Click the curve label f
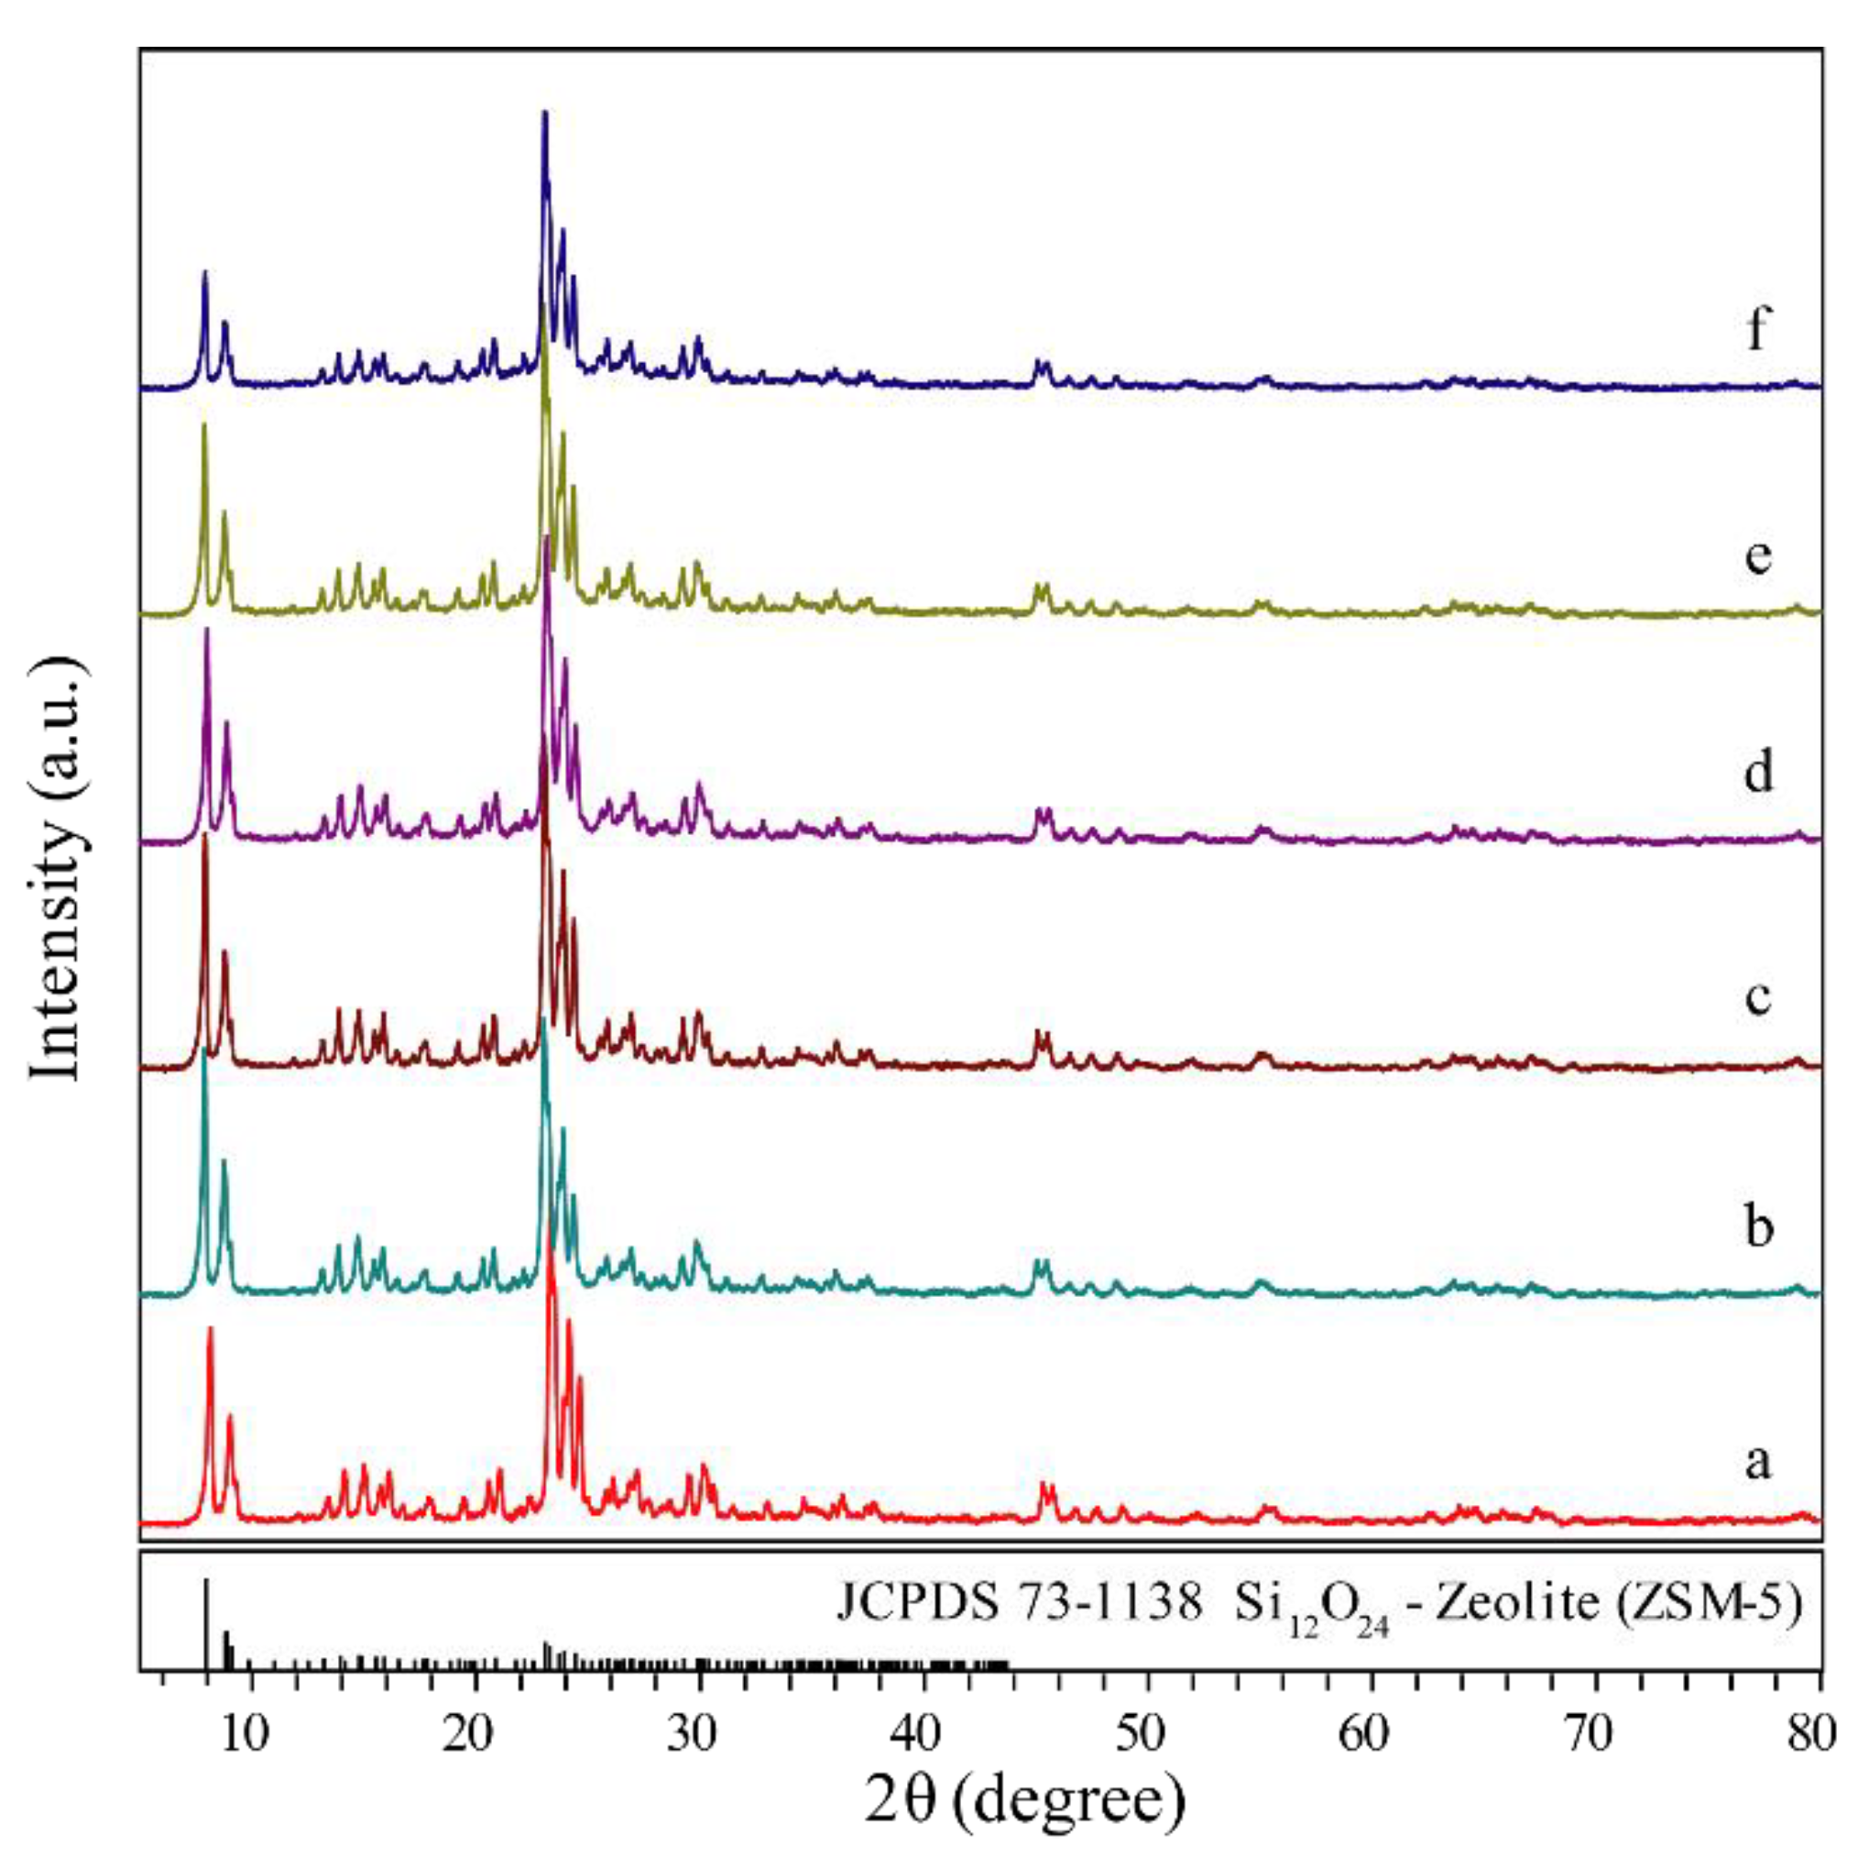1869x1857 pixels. tap(1758, 330)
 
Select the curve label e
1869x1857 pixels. tap(1758, 556)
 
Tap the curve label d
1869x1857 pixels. tap(1758, 772)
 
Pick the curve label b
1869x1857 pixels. tap(1758, 1227)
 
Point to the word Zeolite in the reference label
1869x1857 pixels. tap(1511, 1604)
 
